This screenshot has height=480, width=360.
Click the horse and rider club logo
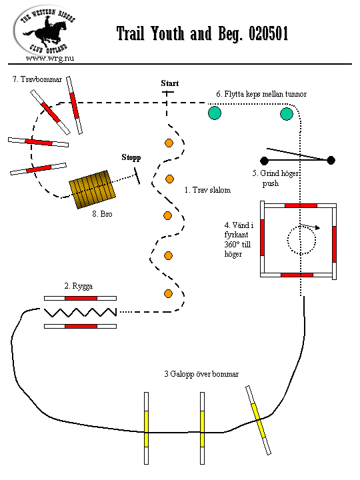tap(45, 31)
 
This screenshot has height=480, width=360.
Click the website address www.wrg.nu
tap(50, 58)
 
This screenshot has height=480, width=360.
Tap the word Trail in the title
tap(131, 33)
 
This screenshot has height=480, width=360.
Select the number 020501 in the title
tap(268, 33)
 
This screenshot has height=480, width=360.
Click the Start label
tap(170, 83)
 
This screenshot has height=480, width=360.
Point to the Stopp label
tap(131, 157)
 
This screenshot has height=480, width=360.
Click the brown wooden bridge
tap(93, 189)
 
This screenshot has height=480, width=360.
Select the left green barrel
tap(215, 113)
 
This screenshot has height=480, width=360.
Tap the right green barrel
tap(287, 114)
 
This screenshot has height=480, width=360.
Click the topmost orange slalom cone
tap(169, 143)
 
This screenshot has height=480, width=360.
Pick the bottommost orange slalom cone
tap(168, 293)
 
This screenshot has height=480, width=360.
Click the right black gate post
tap(331, 160)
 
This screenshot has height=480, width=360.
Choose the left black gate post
tap(264, 161)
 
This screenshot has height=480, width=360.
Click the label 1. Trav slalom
tap(207, 190)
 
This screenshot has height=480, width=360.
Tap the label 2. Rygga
tap(79, 286)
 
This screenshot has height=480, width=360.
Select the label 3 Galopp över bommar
tap(201, 374)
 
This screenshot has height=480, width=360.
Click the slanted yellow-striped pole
tap(259, 420)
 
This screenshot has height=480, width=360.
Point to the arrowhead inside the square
tap(318, 228)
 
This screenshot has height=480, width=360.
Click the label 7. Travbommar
tap(37, 79)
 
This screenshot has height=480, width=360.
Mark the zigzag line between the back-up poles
tap(80, 312)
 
